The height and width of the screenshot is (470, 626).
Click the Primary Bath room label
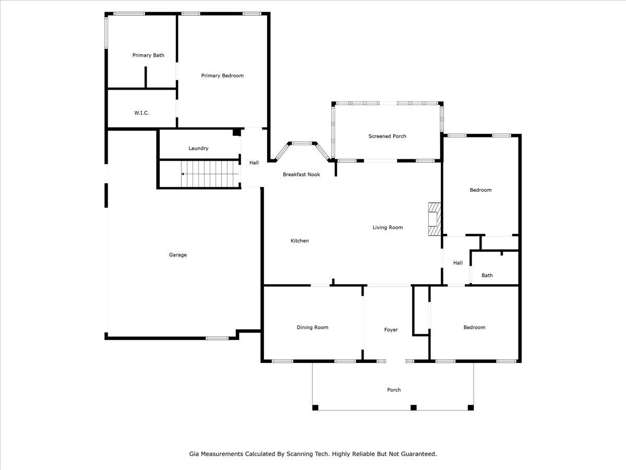coord(148,55)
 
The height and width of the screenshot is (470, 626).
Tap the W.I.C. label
coord(141,113)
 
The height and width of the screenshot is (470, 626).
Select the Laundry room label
coord(198,148)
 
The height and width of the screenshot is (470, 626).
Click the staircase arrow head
coord(183,174)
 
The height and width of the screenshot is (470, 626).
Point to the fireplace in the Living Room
coord(435,219)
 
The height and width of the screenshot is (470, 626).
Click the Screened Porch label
coord(387,136)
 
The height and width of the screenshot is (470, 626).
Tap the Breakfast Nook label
coord(302,174)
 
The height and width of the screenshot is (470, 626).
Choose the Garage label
coord(178,255)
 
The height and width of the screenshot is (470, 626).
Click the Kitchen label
coord(299,241)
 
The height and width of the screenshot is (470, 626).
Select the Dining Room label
coord(312,327)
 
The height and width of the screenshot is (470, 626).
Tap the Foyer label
coord(391,330)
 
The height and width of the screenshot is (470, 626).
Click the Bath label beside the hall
coord(487,275)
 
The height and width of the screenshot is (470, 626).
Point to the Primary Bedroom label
coord(222,76)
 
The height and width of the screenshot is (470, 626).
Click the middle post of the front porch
coord(414,407)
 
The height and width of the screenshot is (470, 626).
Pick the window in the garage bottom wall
coord(217,338)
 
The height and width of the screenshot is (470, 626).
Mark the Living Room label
coord(388,228)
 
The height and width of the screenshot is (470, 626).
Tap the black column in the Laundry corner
coord(237,132)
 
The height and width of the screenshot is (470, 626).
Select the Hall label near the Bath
coord(458,263)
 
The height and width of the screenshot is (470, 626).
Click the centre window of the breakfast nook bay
coord(302,143)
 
